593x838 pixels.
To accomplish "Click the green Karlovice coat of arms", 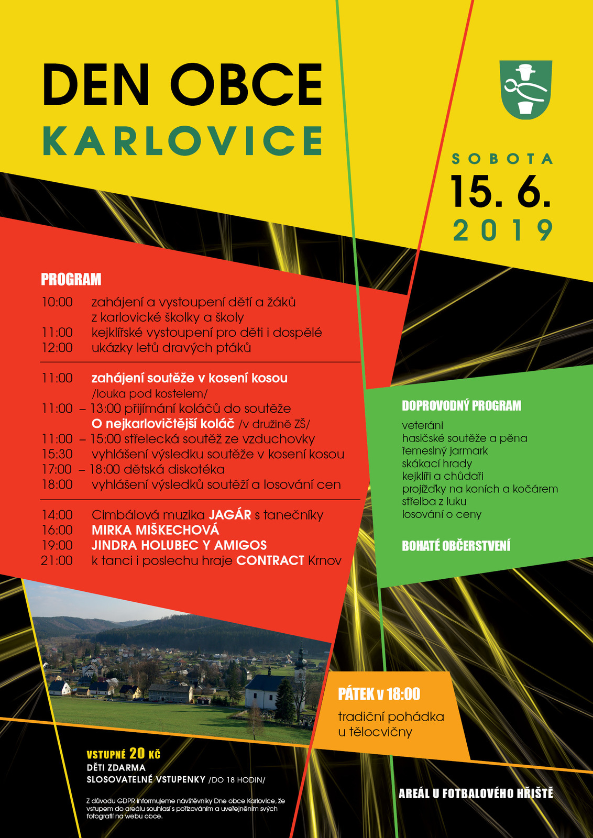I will tap(525, 89).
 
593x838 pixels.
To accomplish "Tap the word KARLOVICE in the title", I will tap(182, 141).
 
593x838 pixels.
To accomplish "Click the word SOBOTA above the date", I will tap(502, 159).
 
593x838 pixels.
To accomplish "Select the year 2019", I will tap(503, 230).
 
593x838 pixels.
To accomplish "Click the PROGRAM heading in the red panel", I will tap(71, 280).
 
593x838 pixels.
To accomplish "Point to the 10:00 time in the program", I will tap(57, 302).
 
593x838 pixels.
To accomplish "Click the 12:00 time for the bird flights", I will tap(57, 348).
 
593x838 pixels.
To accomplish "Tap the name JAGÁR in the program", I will tap(230, 515).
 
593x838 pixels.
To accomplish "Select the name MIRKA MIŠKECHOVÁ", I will tap(155, 530).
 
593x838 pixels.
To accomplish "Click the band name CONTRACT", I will tap(270, 560).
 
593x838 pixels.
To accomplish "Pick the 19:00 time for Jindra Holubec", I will tap(57, 545).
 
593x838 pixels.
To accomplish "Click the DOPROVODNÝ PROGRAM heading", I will tap(462, 406).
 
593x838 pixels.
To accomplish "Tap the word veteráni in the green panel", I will tap(422, 425).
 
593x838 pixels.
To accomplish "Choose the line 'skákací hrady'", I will tap(437, 464).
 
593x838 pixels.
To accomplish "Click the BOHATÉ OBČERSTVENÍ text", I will tap(456, 546).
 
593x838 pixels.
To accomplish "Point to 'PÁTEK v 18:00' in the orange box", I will tap(379, 694).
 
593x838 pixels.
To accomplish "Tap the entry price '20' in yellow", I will tap(137, 753).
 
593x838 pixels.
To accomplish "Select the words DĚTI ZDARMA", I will tap(116, 767).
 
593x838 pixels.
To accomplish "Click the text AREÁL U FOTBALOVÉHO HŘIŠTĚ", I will tap(476, 793).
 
